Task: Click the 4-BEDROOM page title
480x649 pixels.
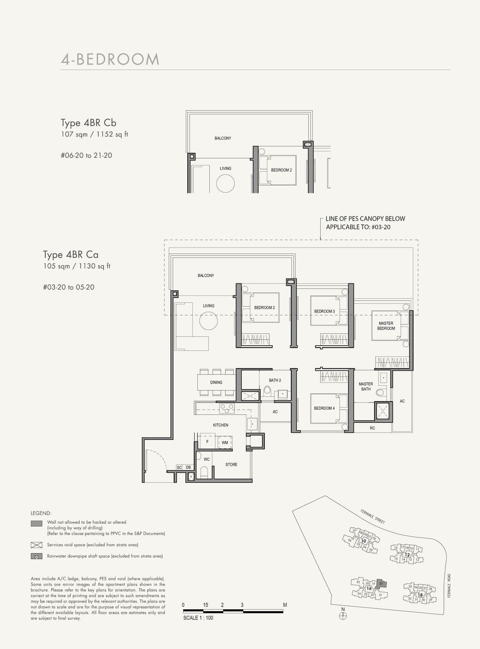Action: pyautogui.click(x=110, y=60)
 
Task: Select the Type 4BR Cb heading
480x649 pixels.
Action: pyautogui.click(x=89, y=123)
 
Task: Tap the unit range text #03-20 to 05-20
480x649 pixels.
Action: pyautogui.click(x=69, y=287)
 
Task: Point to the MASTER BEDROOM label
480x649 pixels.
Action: pyautogui.click(x=386, y=326)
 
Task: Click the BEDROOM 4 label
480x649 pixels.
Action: pyautogui.click(x=324, y=408)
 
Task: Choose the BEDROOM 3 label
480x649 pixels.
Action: pyautogui.click(x=324, y=311)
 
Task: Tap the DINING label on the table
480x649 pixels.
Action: pyautogui.click(x=216, y=382)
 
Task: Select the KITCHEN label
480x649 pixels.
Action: pyautogui.click(x=220, y=425)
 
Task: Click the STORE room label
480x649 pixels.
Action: pyautogui.click(x=231, y=464)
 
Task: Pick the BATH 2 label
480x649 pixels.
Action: pyautogui.click(x=275, y=380)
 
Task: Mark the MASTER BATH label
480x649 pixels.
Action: pyautogui.click(x=366, y=386)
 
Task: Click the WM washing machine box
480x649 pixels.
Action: pyautogui.click(x=225, y=443)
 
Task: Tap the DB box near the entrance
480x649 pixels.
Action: pyautogui.click(x=188, y=468)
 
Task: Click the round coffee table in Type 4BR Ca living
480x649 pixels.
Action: pyautogui.click(x=208, y=321)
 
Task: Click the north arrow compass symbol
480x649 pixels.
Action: pyautogui.click(x=343, y=615)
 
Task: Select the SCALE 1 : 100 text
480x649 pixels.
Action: pyautogui.click(x=198, y=618)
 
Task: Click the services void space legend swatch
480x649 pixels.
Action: pyautogui.click(x=36, y=545)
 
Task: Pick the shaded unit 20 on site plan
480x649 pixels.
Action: pyautogui.click(x=380, y=583)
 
